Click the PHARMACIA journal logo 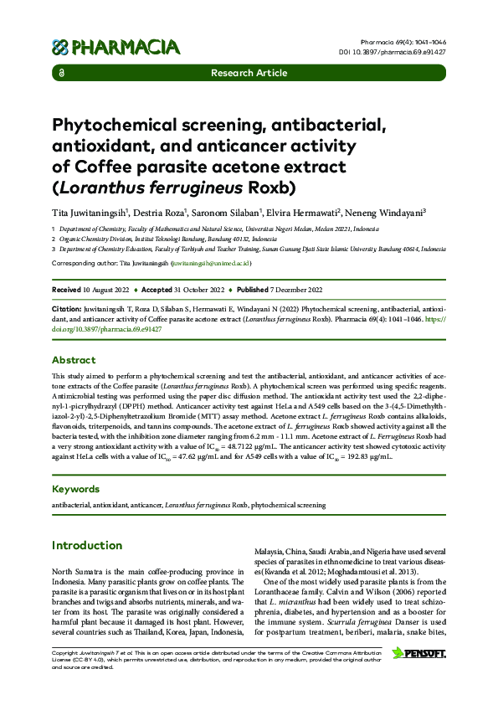point(116,47)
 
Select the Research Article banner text point(249,74)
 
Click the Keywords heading point(82,489)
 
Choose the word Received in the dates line point(67,290)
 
